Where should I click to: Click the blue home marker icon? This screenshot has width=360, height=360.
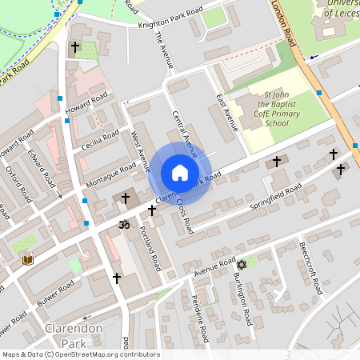[x=180, y=173]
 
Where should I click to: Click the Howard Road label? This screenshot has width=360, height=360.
[x=87, y=104]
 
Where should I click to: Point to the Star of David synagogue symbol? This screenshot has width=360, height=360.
[x=239, y=263]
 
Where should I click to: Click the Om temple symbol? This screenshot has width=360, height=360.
[x=123, y=225]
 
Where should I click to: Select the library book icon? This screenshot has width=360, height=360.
[x=28, y=260]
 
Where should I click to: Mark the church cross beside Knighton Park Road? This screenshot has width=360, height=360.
[x=75, y=48]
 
